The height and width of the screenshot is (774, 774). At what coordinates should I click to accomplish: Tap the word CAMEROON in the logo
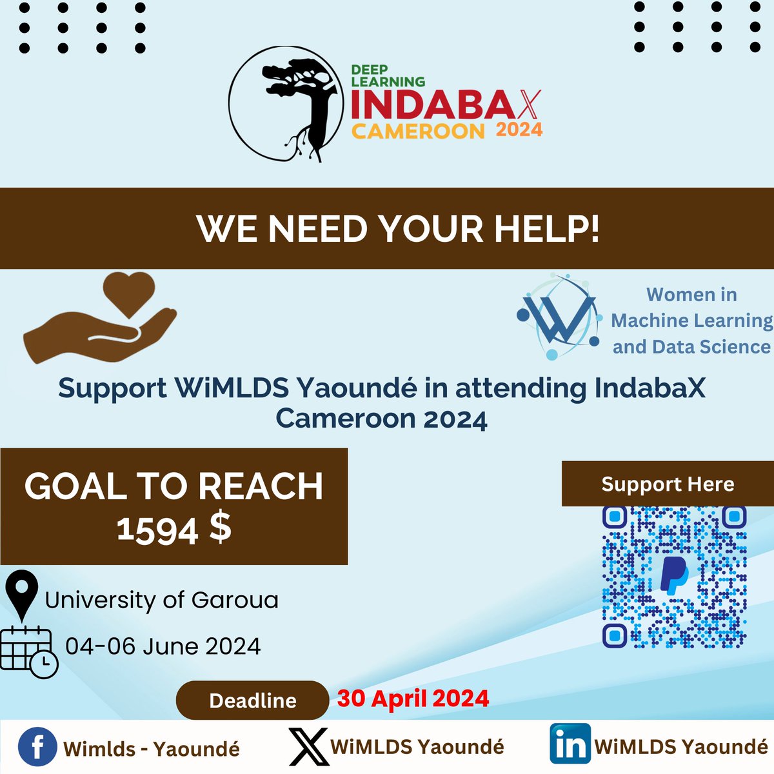417,132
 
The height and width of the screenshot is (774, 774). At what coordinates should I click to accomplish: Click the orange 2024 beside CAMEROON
519,130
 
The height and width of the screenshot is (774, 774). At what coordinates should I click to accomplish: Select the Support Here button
668,484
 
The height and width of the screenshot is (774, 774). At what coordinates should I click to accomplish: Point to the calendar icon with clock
29,651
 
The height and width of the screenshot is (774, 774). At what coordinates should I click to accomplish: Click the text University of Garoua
162,600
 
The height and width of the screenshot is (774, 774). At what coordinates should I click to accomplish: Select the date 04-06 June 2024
163,646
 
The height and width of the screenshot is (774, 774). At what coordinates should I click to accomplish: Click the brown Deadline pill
253,700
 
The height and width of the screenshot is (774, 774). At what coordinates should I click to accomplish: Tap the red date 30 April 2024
413,699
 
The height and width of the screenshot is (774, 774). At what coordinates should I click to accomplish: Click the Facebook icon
37,748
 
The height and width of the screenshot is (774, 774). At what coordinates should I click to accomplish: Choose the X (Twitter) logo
309,747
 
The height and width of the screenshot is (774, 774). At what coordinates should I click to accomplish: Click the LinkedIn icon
570,744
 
